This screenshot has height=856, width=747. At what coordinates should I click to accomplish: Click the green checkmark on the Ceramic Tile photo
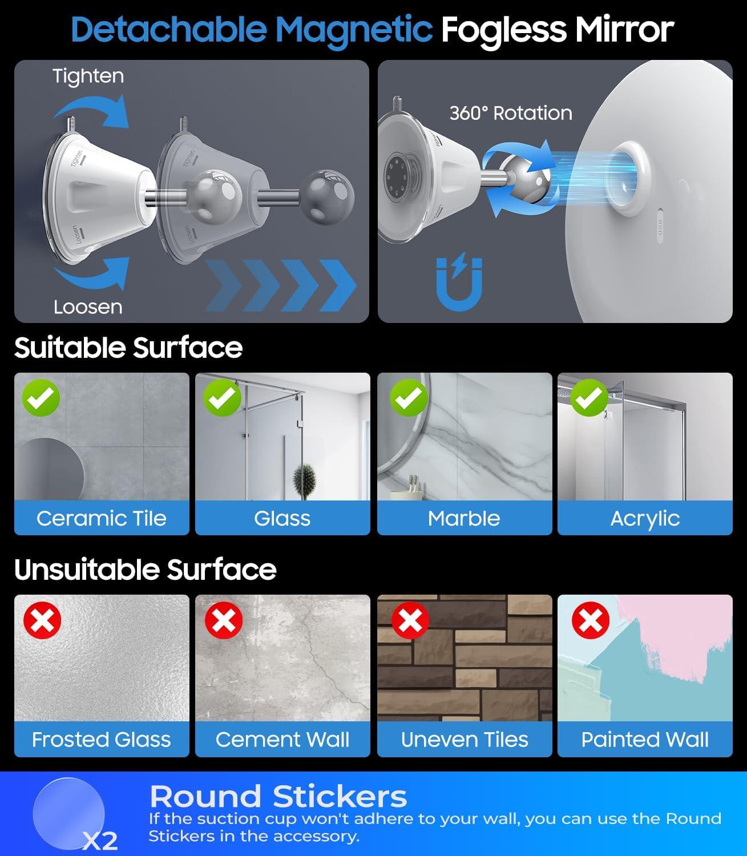pyautogui.click(x=41, y=398)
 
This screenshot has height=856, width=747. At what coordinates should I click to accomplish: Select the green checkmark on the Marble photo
pyautogui.click(x=409, y=398)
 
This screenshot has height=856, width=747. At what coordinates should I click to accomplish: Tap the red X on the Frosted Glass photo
pyautogui.click(x=42, y=620)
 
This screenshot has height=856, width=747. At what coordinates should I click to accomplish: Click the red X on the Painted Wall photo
pyautogui.click(x=591, y=620)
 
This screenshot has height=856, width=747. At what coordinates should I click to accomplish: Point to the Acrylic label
pyautogui.click(x=645, y=519)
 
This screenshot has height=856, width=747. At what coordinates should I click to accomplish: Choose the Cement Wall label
pyautogui.click(x=282, y=739)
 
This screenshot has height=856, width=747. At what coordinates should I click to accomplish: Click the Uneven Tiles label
pyautogui.click(x=465, y=739)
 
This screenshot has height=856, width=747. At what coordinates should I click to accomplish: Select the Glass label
pyautogui.click(x=282, y=518)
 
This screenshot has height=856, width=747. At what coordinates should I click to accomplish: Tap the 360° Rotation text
pyautogui.click(x=511, y=114)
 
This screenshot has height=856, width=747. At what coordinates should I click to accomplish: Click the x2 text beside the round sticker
pyautogui.click(x=100, y=841)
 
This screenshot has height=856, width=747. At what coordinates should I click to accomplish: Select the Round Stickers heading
pyautogui.click(x=278, y=796)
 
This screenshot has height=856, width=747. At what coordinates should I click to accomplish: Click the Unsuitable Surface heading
pyautogui.click(x=145, y=570)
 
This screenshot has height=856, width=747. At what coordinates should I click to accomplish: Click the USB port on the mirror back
pyautogui.click(x=660, y=226)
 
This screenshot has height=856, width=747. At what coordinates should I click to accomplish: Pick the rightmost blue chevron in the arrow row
pyautogui.click(x=338, y=285)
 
